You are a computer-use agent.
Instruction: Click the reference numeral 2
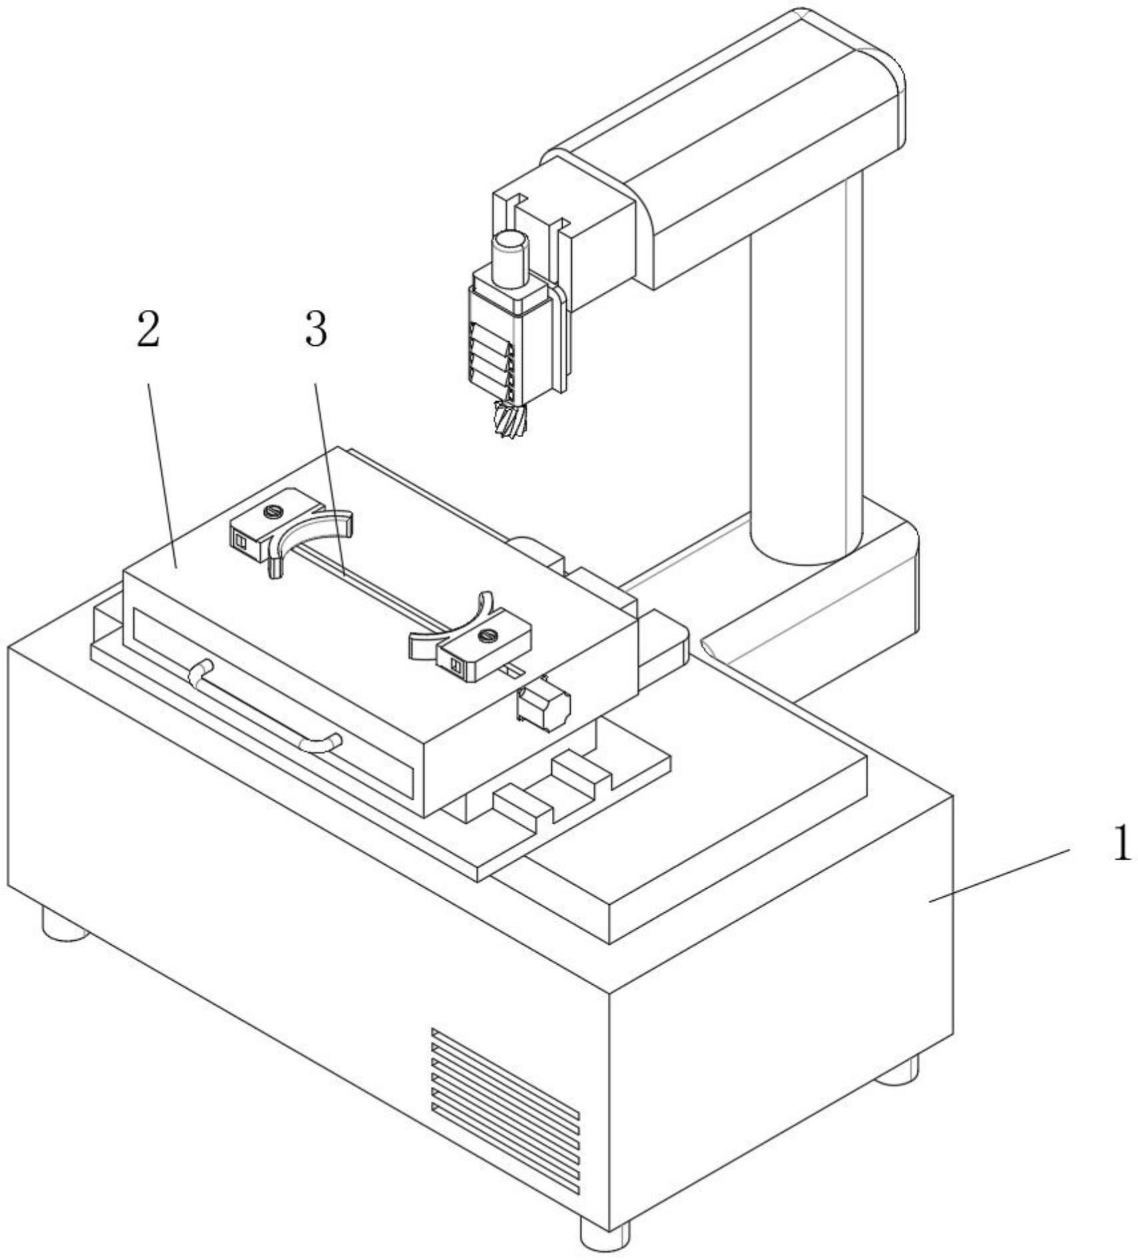(148, 330)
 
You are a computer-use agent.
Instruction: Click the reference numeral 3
(316, 330)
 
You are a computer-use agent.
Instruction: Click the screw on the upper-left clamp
(272, 512)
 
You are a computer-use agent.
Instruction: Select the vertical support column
(807, 373)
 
